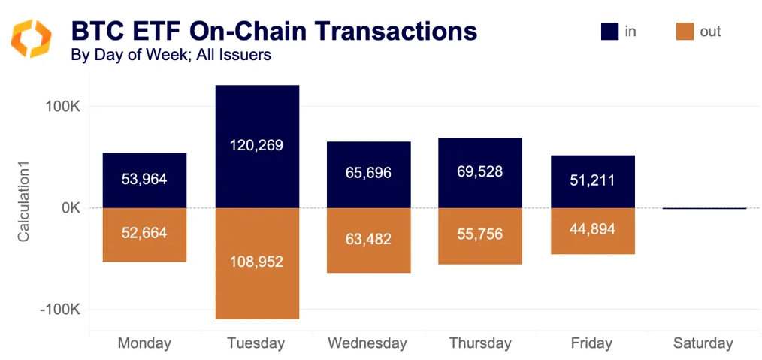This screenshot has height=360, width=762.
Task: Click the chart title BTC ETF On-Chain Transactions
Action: click(x=274, y=31)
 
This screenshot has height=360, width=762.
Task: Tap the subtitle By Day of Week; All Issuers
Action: click(x=171, y=55)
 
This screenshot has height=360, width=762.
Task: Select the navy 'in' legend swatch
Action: click(x=609, y=31)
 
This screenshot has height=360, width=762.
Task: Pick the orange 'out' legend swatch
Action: click(x=685, y=31)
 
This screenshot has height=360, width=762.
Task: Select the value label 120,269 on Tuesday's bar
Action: click(x=257, y=145)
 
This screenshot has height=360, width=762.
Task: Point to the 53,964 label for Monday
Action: click(x=144, y=180)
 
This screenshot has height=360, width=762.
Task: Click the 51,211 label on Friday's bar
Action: click(x=592, y=180)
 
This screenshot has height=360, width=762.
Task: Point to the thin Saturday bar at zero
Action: click(x=704, y=208)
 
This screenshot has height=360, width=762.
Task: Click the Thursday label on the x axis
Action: click(x=480, y=343)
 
